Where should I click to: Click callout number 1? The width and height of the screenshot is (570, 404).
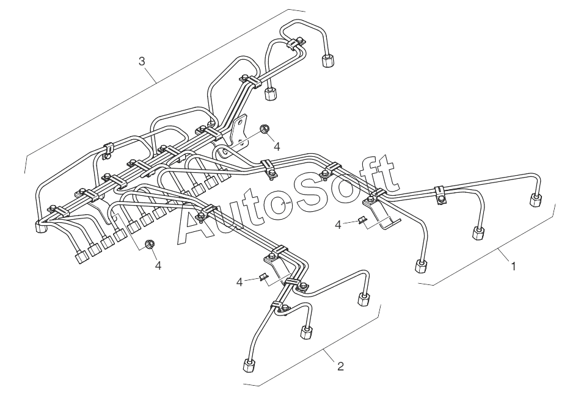coord(514,267)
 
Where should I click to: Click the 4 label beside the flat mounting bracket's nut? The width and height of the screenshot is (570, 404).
coord(277,146)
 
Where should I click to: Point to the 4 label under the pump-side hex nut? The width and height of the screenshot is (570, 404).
coord(158,266)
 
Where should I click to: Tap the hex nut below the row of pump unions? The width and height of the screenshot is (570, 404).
coord(148,246)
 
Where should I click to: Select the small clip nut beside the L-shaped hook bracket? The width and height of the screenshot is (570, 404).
coord(363,221)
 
